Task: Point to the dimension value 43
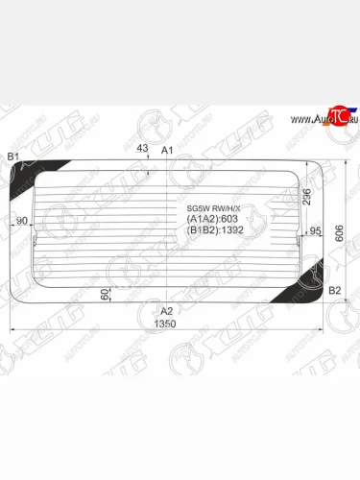click(142, 148)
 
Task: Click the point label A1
click(166, 152)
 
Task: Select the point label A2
click(166, 310)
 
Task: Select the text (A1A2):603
click(205, 219)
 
